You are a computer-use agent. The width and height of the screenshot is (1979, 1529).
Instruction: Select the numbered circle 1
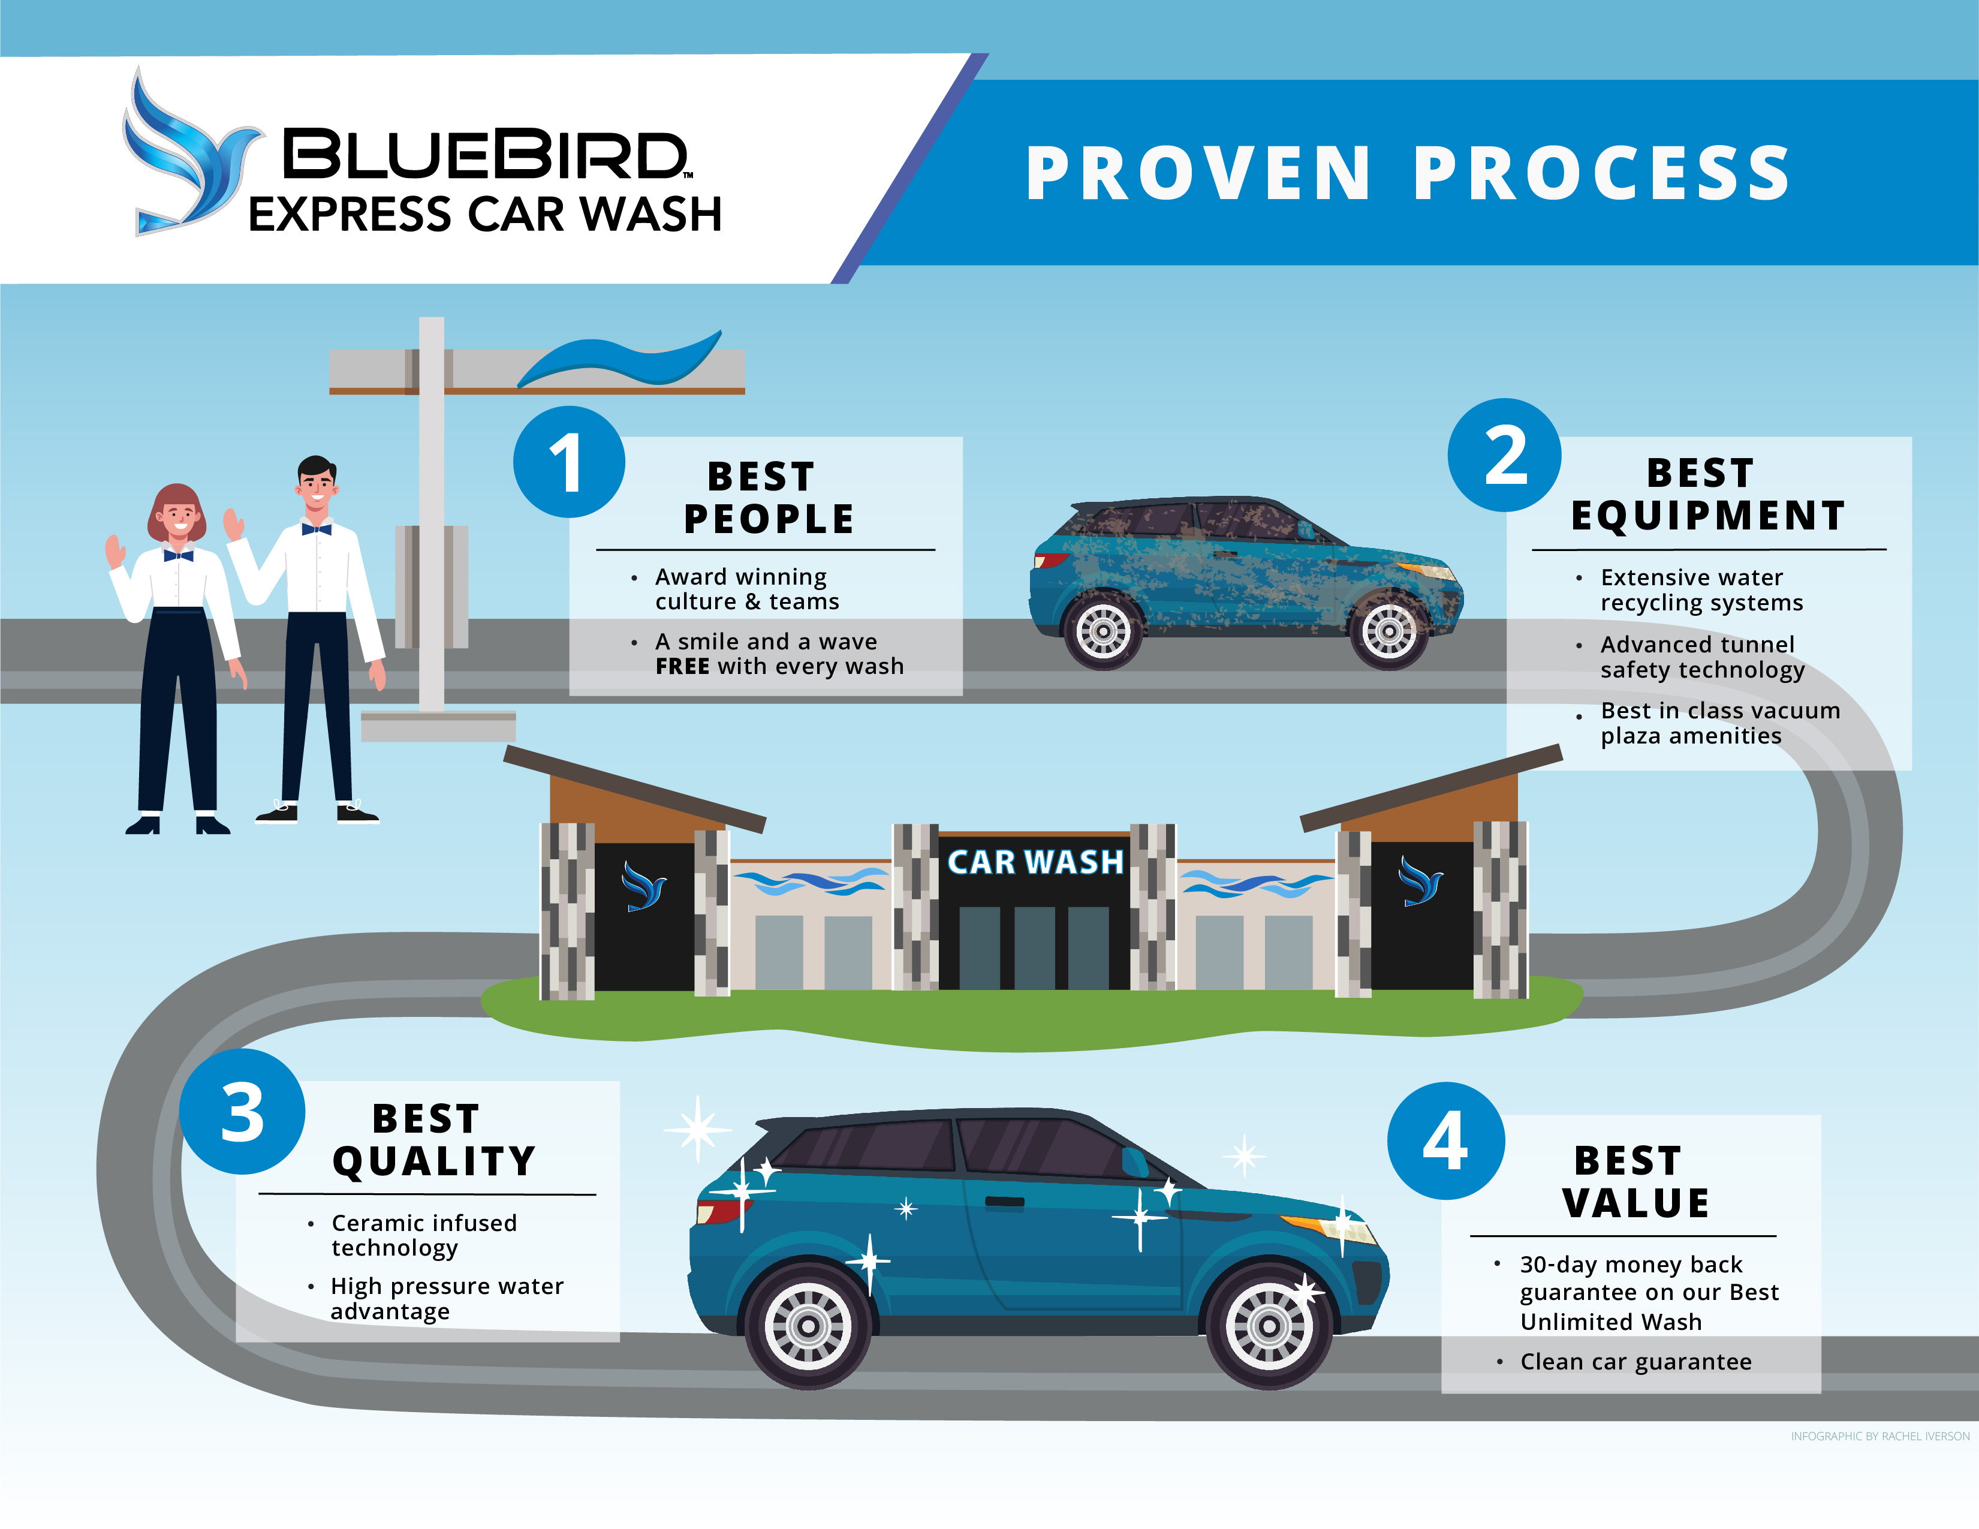[x=568, y=462]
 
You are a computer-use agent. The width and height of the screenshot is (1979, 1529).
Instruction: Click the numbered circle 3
[x=242, y=1112]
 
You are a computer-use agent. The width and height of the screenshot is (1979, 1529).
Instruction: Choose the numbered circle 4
[x=1445, y=1141]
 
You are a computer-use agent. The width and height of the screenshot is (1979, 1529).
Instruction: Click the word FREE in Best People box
[x=682, y=667]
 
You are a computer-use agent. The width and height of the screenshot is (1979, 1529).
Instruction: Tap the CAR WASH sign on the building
[x=1035, y=862]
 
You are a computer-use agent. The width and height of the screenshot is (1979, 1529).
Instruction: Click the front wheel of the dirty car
[x=1388, y=632]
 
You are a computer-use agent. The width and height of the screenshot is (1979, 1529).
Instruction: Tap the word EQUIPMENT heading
[x=1708, y=516]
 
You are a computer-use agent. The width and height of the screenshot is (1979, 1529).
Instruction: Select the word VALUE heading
[x=1635, y=1203]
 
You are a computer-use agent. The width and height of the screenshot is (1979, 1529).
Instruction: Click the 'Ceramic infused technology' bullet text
[x=423, y=1235]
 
